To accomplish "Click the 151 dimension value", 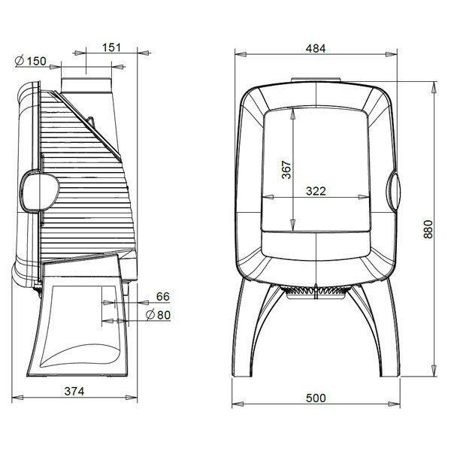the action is coord(111,47).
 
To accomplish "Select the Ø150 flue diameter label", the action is coord(31,61).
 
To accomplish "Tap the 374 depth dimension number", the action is coord(74,391).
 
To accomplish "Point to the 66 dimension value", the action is coord(163,297).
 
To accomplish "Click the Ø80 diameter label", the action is coord(158,315).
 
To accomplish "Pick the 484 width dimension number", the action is coord(316,49).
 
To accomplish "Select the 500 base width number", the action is coord(316,398).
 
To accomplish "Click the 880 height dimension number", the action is coord(428,229).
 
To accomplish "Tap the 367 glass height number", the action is coord(286,170).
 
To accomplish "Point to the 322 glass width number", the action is coord(316,191).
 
